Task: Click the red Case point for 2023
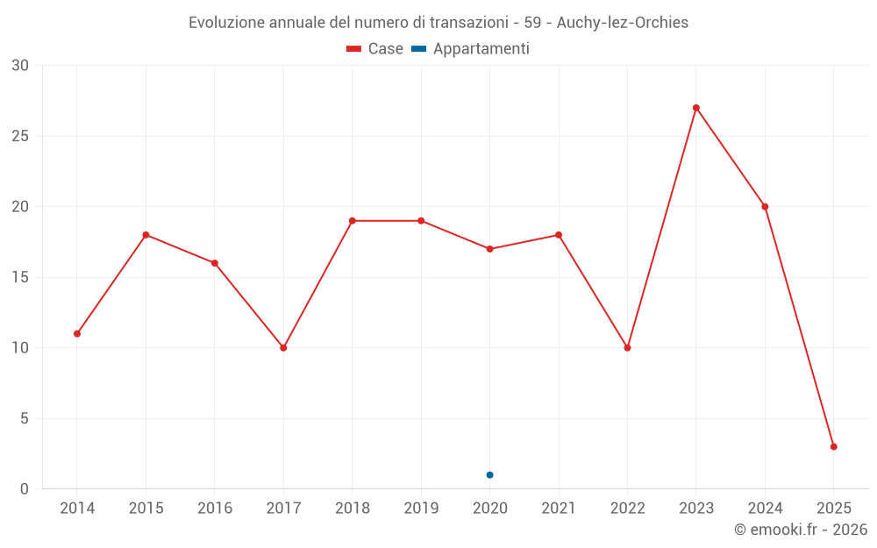(x=696, y=108)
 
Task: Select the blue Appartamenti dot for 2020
(x=489, y=475)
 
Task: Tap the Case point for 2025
(x=834, y=447)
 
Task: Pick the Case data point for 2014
(x=77, y=334)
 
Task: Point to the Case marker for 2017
(x=283, y=348)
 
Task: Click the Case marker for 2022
(x=627, y=348)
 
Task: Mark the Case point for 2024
(x=765, y=207)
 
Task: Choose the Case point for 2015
(x=146, y=235)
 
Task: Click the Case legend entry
(x=374, y=49)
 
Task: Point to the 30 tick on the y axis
(x=20, y=66)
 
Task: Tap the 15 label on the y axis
(x=20, y=277)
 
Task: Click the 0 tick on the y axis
(x=25, y=489)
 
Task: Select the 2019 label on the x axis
(x=421, y=509)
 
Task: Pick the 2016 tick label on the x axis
(x=215, y=509)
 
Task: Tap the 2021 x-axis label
(x=559, y=509)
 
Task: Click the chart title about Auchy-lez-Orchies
(x=438, y=23)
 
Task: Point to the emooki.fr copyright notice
(x=800, y=530)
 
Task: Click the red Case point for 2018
(x=353, y=221)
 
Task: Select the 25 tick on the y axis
(x=20, y=136)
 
